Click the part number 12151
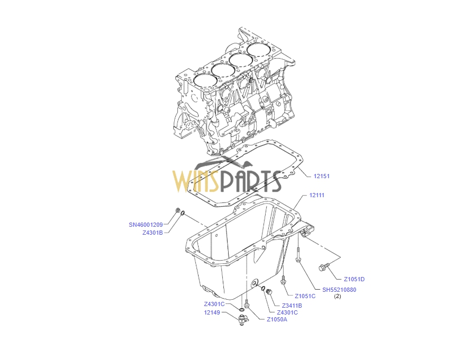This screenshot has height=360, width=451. (322, 176)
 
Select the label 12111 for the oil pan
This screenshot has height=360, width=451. (317, 195)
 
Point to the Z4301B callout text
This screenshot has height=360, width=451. (153, 232)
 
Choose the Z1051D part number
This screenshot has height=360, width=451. (354, 279)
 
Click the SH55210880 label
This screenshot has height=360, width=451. (340, 289)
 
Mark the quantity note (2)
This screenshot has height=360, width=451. (337, 297)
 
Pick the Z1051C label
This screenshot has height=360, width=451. (305, 296)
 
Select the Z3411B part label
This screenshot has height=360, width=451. (292, 305)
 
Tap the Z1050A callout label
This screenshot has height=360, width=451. (277, 319)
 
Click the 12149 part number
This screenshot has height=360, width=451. (212, 312)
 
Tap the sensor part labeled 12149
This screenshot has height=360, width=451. (245, 318)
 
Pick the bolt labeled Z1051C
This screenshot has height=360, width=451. (284, 280)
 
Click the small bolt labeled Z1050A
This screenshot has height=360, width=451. (247, 303)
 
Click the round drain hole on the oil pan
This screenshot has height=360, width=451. (255, 284)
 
